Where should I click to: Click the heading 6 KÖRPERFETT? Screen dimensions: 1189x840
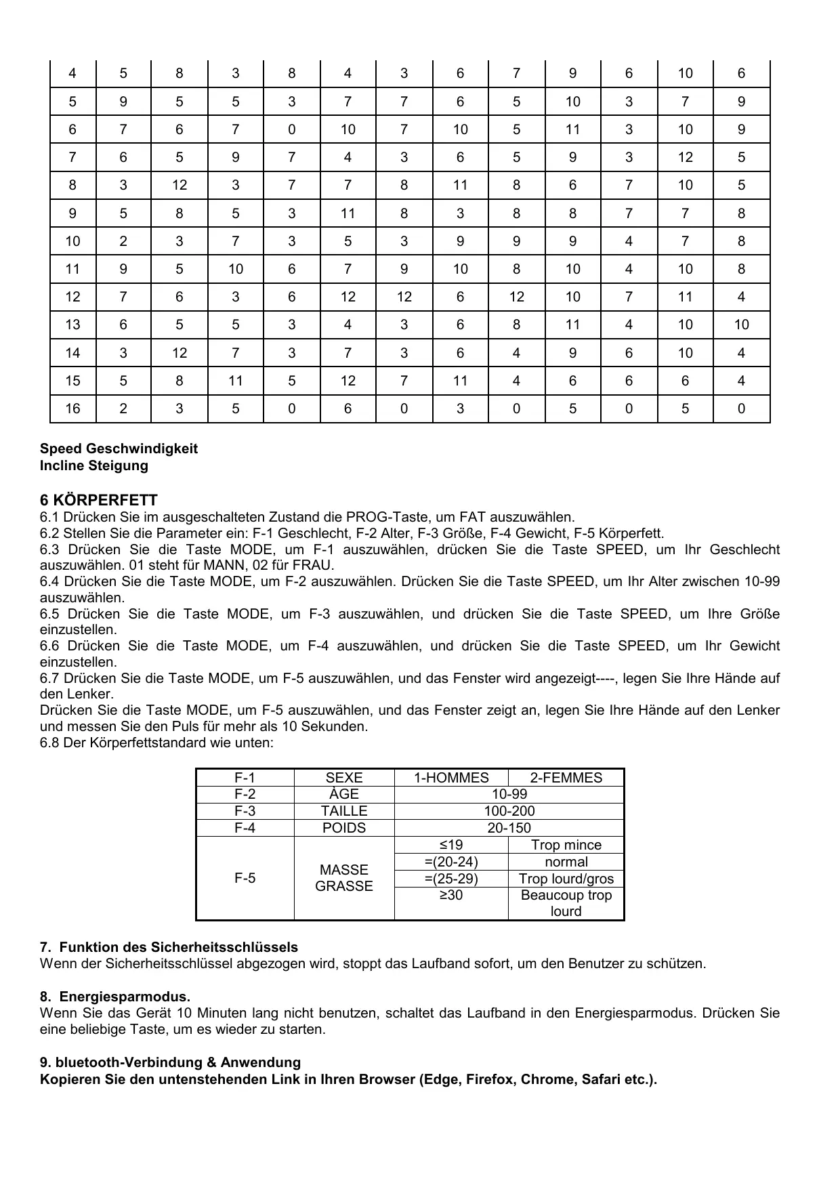[x=98, y=501]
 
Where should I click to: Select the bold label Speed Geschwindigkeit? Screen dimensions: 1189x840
[x=119, y=449]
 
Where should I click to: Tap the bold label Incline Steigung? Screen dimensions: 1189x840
[x=93, y=465]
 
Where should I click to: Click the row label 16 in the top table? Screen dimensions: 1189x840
[x=72, y=409]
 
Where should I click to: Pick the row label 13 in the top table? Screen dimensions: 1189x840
[x=72, y=325]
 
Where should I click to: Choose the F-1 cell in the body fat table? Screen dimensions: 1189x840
[x=245, y=778]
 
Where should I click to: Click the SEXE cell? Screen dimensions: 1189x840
[x=344, y=778]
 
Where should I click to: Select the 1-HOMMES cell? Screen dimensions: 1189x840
[x=451, y=778]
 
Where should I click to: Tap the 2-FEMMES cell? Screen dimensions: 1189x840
[x=566, y=778]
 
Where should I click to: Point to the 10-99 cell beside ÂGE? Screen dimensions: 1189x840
[x=509, y=795]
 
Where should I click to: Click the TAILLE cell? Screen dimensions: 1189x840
[x=344, y=811]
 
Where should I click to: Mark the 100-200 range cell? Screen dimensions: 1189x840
[x=509, y=811]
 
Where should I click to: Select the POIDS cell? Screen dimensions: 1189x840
[x=344, y=828]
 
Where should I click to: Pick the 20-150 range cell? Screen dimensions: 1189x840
[x=509, y=828]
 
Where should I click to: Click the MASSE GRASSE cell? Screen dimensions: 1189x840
[x=344, y=878]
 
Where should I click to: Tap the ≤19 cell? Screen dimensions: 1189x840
[x=451, y=845]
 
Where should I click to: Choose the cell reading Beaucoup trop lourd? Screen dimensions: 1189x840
[x=566, y=903]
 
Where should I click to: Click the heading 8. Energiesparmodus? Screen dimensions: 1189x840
[x=115, y=997]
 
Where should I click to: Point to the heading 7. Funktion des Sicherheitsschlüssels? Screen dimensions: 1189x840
[x=169, y=947]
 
